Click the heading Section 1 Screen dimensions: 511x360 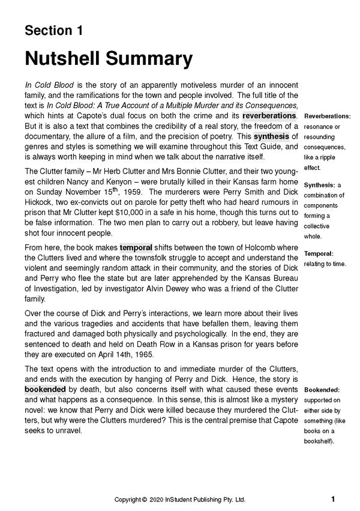(x=55, y=31)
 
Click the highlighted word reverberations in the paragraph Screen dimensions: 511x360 (x=269, y=115)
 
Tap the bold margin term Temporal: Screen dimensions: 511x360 (x=319, y=253)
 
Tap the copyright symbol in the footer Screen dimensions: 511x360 (x=144, y=499)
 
